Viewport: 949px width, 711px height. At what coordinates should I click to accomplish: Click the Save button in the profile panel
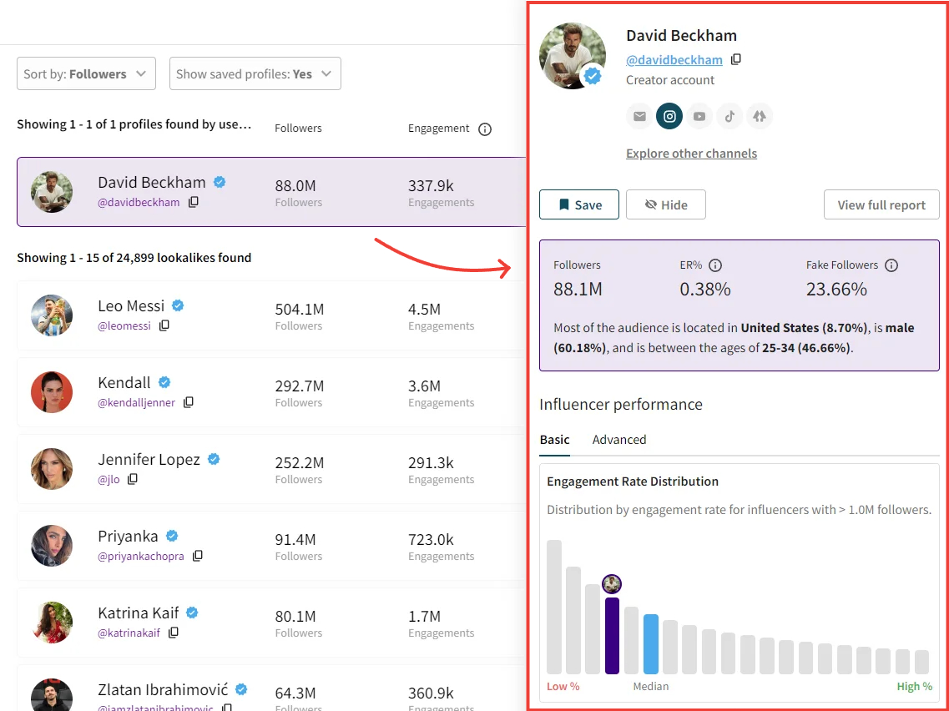pyautogui.click(x=578, y=204)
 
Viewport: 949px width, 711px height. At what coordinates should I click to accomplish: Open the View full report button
pyautogui.click(x=881, y=204)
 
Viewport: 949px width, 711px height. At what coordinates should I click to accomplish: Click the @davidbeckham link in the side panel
pyautogui.click(x=674, y=59)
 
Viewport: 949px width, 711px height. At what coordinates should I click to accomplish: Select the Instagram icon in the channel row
pyautogui.click(x=669, y=116)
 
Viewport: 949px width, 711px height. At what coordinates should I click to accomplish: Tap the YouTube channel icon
pyautogui.click(x=699, y=116)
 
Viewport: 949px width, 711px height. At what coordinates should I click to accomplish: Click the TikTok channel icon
pyautogui.click(x=729, y=116)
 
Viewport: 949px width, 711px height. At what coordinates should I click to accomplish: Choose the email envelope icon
pyautogui.click(x=639, y=116)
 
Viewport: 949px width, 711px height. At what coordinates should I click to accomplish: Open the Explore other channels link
pyautogui.click(x=691, y=154)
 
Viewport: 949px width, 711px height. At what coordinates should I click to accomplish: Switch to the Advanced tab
pyautogui.click(x=618, y=440)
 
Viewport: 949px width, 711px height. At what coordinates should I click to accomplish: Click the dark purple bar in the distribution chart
pyautogui.click(x=612, y=635)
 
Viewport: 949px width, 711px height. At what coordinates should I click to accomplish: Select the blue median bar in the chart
pyautogui.click(x=651, y=643)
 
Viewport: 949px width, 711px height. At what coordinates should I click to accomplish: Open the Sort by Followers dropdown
pyautogui.click(x=86, y=73)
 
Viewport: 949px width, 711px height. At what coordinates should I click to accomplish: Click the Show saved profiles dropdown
pyautogui.click(x=255, y=73)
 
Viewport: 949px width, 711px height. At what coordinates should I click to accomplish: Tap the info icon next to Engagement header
pyautogui.click(x=485, y=129)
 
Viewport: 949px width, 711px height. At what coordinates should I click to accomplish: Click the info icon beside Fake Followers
pyautogui.click(x=891, y=265)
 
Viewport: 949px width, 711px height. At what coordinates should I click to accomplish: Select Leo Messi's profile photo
pyautogui.click(x=52, y=315)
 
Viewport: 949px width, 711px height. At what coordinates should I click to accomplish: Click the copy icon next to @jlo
pyautogui.click(x=133, y=479)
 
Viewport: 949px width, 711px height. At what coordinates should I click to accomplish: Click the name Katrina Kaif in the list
pyautogui.click(x=139, y=613)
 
